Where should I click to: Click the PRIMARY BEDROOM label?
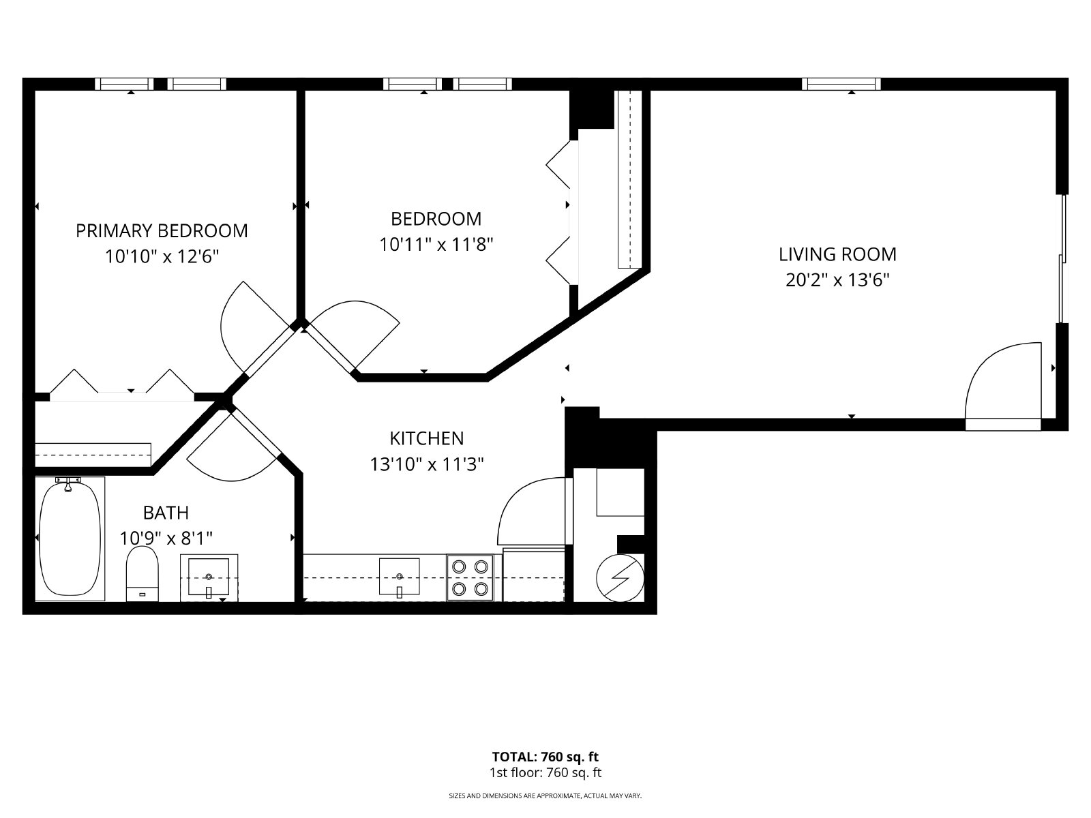162,231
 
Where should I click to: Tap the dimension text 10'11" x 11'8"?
436,244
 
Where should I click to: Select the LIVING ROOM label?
837,254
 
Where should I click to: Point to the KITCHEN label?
426,438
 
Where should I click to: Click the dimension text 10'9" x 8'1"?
166,538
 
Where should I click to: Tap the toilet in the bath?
142,574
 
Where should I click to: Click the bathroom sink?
209,577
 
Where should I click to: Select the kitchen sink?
399,577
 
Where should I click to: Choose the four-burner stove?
470,577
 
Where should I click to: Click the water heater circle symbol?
620,578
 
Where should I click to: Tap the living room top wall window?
841,84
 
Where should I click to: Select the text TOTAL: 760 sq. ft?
545,757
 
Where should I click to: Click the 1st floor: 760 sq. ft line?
545,773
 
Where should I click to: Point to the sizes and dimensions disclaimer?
545,796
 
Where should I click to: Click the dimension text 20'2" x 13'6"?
837,281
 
